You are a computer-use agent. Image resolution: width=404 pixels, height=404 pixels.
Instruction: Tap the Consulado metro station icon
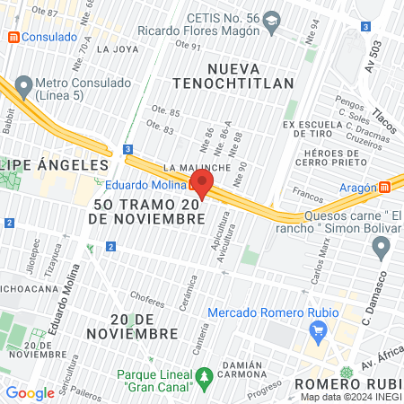[x=13, y=38]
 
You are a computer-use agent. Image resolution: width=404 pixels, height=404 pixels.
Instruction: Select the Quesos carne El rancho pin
[x=382, y=246]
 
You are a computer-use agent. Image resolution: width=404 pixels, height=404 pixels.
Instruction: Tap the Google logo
[x=30, y=392]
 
